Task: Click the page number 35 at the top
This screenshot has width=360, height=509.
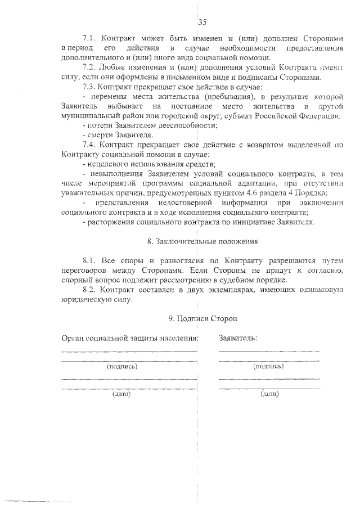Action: pyautogui.click(x=203, y=22)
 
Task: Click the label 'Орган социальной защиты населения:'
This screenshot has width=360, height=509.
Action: pyautogui.click(x=129, y=338)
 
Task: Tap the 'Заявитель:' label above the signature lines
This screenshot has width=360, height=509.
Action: pyautogui.click(x=238, y=338)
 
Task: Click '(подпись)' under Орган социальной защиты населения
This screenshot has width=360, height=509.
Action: pyautogui.click(x=121, y=366)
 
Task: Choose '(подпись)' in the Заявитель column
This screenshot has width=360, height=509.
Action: pyautogui.click(x=269, y=366)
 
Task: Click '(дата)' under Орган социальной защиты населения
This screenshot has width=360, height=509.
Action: pyautogui.click(x=121, y=394)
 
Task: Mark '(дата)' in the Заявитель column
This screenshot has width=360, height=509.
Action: pyautogui.click(x=269, y=394)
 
